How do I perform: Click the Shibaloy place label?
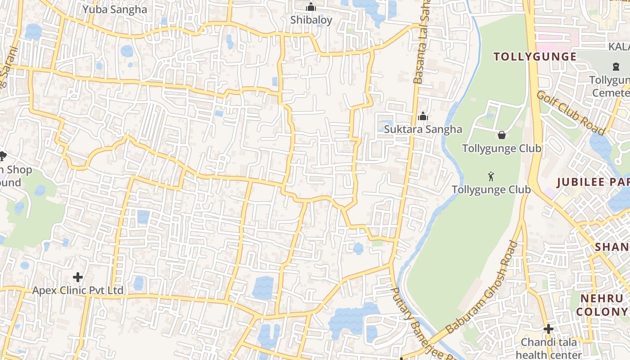(x=311, y=20)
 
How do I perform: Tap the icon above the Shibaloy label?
(x=311, y=7)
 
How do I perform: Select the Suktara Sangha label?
(x=423, y=129)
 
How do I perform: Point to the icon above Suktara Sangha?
(x=423, y=117)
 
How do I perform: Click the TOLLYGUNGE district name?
(x=535, y=57)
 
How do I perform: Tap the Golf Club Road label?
(x=570, y=112)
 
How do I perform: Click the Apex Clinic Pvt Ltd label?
(x=77, y=290)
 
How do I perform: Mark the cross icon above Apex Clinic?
(x=78, y=277)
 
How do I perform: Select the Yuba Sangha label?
(x=114, y=9)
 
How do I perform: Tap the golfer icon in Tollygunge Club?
(x=491, y=175)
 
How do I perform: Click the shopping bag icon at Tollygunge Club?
(x=501, y=135)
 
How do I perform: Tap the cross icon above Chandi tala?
(x=548, y=329)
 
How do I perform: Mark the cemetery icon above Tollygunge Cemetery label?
(x=616, y=67)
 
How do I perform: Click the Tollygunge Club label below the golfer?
(x=491, y=189)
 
